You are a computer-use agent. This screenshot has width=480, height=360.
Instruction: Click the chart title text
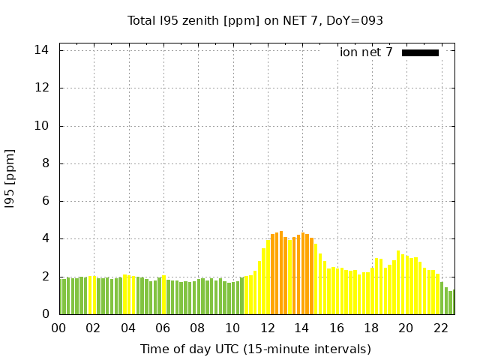pyautogui.click(x=255, y=21)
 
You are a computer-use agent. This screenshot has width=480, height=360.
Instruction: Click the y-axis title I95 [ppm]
pyautogui.click(x=10, y=178)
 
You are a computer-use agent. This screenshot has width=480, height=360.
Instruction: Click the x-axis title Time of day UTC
pyautogui.click(x=255, y=349)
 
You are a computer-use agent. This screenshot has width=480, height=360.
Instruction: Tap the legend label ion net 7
pyautogui.click(x=366, y=52)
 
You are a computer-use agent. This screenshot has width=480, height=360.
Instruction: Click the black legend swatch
pyautogui.click(x=420, y=52)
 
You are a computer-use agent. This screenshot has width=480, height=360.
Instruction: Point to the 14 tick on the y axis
pyautogui.click(x=42, y=50)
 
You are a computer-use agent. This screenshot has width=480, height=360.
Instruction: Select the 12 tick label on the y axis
pyautogui.click(x=42, y=88)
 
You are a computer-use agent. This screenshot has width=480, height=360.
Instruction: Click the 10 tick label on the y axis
pyautogui.click(x=42, y=126)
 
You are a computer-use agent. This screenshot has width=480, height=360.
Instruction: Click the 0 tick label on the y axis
pyautogui.click(x=45, y=314)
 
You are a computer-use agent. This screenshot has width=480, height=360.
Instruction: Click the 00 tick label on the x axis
pyautogui.click(x=58, y=328)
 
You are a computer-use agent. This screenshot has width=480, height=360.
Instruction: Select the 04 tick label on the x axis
pyautogui.click(x=128, y=328)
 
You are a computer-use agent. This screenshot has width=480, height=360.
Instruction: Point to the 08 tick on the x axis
pyautogui.click(x=197, y=328)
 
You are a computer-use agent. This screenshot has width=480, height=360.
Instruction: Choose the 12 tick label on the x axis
pyautogui.click(x=267, y=328)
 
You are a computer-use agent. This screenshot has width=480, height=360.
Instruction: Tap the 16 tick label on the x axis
pyautogui.click(x=336, y=328)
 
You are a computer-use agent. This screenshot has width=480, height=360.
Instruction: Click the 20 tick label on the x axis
pyautogui.click(x=406, y=328)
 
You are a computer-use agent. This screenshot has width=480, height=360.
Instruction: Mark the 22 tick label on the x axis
pyautogui.click(x=440, y=328)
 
